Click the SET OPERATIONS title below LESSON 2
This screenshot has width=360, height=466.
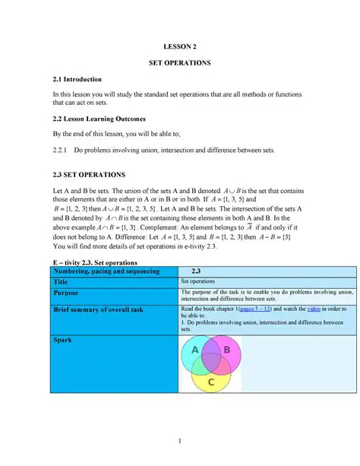click(x=180, y=62)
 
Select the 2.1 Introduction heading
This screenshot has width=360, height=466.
click(x=77, y=79)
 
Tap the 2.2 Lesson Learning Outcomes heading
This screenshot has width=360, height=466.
click(x=99, y=119)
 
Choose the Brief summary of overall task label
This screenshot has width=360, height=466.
click(x=98, y=309)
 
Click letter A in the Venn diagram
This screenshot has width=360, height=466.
click(x=195, y=350)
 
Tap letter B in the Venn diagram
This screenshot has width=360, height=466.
click(x=226, y=350)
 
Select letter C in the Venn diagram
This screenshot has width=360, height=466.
click(x=210, y=382)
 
